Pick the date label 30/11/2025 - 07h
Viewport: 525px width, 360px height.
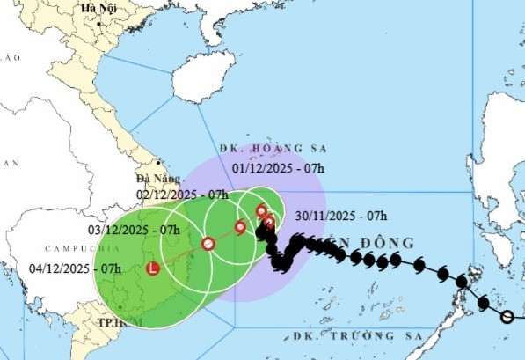pyautogui.click(x=341, y=215)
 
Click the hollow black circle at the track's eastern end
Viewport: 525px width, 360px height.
pyautogui.click(x=507, y=316)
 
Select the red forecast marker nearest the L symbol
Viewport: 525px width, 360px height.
pyautogui.click(x=208, y=244)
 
